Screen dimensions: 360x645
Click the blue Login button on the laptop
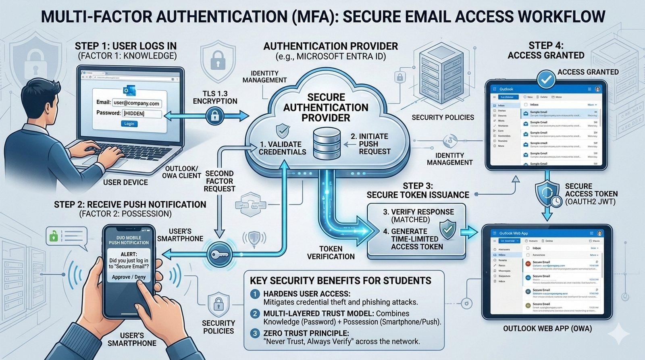129,124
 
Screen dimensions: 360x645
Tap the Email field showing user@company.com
136,103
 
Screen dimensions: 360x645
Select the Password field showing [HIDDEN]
141,114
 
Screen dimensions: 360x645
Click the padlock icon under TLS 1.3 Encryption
214,117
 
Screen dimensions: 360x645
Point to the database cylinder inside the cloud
327,143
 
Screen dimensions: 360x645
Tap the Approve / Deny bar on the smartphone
129,277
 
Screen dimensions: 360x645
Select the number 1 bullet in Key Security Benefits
255,294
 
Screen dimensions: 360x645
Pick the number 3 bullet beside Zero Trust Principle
255,333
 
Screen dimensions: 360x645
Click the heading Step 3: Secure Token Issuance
418,190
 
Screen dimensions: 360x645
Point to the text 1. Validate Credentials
282,148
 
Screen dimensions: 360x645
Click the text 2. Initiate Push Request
370,144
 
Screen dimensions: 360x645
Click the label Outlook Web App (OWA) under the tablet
547,329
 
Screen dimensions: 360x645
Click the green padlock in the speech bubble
53,236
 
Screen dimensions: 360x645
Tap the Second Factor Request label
219,181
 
